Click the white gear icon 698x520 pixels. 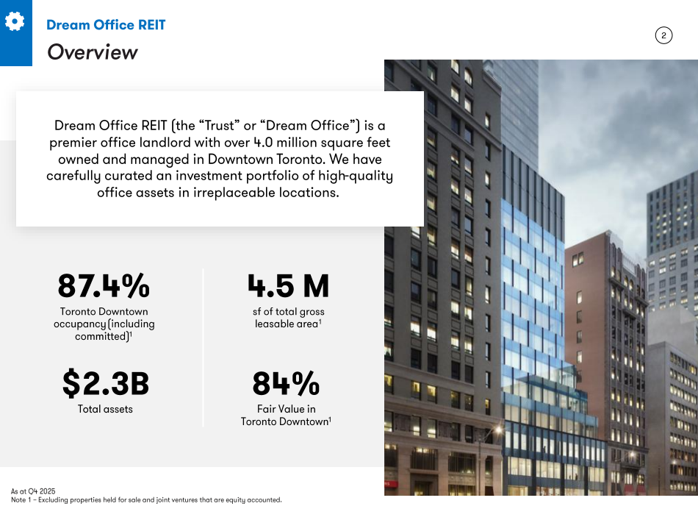click(x=14, y=22)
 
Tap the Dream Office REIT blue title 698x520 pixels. click(x=106, y=25)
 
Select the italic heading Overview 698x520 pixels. click(x=92, y=52)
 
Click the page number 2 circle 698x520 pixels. click(x=663, y=35)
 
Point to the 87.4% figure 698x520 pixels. click(x=104, y=285)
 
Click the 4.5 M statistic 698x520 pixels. click(x=288, y=285)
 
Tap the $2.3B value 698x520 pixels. click(x=105, y=383)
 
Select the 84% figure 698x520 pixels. click(x=286, y=383)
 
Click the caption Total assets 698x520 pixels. click(x=105, y=409)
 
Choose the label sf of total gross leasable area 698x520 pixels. click(x=288, y=318)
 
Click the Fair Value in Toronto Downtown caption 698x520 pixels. click(x=286, y=415)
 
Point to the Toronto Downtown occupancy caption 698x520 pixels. click(x=104, y=324)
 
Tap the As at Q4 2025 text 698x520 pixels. click(x=33, y=491)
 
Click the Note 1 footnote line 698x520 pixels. click(x=146, y=500)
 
